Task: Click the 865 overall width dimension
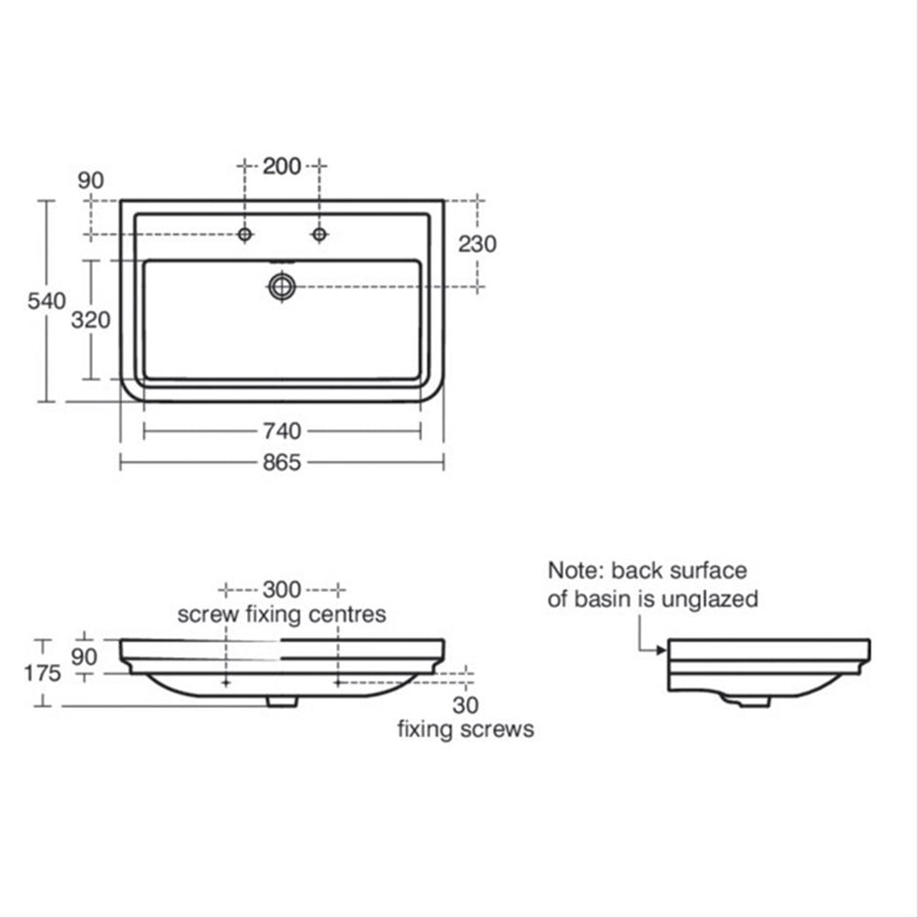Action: pos(282,463)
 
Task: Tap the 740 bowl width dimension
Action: pos(282,431)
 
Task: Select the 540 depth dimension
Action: pos(47,301)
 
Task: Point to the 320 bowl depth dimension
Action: pos(91,320)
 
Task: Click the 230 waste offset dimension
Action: pos(477,244)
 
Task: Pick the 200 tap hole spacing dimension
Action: pos(282,166)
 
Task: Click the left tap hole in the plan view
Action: pos(245,235)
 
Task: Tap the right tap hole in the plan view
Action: pos(319,235)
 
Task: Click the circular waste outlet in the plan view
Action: pos(282,286)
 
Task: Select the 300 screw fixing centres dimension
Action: pos(282,589)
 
